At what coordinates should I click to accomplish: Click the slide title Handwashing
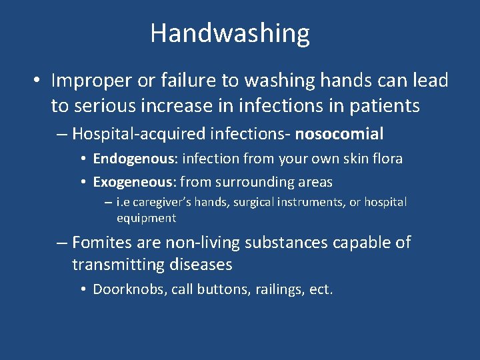coord(230,33)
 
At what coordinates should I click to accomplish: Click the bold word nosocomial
coord(339,134)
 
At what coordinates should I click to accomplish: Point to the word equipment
coord(146,218)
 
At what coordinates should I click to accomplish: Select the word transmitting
coord(120,265)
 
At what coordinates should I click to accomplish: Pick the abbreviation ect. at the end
coord(321,289)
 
